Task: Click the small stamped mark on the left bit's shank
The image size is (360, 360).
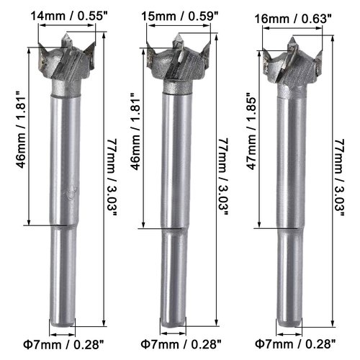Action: (70, 193)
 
